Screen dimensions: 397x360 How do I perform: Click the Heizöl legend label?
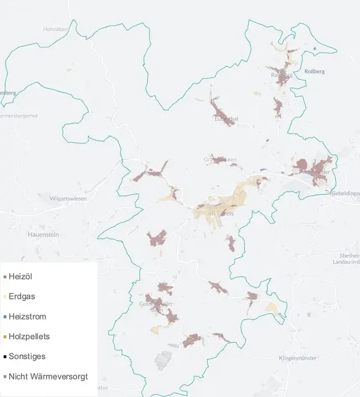(x=20, y=277)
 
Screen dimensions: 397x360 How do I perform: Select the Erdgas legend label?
(x=22, y=297)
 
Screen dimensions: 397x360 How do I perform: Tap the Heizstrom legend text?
(x=27, y=316)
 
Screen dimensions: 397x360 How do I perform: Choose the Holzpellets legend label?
(x=29, y=336)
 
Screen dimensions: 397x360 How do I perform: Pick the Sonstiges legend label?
(x=27, y=356)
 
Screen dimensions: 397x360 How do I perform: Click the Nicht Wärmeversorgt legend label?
(x=48, y=376)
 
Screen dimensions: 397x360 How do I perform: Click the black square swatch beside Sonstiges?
(x=5, y=357)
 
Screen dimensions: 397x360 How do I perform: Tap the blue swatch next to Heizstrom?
(x=5, y=317)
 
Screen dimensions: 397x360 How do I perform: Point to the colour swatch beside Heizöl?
(x=5, y=277)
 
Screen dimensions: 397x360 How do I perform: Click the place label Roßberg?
(x=314, y=71)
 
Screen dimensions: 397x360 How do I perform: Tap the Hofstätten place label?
(x=55, y=29)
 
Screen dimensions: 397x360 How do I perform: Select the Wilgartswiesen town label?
(x=68, y=198)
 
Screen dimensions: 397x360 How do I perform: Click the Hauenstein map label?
(x=43, y=234)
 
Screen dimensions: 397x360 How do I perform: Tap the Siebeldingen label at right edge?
(x=345, y=194)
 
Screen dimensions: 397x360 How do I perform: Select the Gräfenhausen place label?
(x=220, y=159)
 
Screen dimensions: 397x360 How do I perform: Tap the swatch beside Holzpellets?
(x=5, y=337)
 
